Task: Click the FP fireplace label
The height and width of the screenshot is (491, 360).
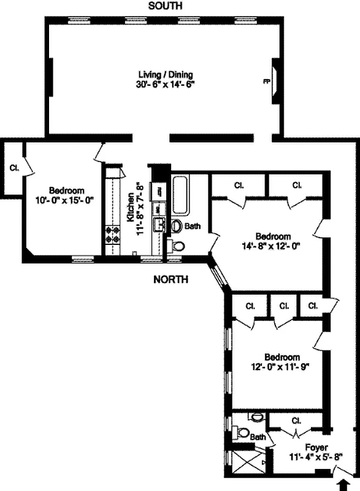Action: click(266, 80)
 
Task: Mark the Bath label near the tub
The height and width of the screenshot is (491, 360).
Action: click(193, 226)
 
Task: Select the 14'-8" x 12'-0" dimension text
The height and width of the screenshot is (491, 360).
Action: click(273, 247)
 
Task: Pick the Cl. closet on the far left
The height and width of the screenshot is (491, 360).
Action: click(13, 168)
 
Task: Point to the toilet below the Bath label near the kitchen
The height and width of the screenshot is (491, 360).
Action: click(178, 247)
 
